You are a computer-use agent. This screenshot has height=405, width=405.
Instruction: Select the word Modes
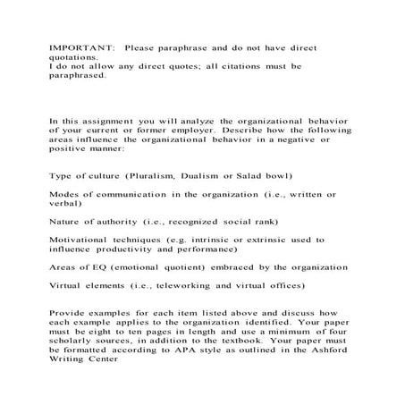pos(65,194)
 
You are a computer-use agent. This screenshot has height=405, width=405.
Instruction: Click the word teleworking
pos(175,287)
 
